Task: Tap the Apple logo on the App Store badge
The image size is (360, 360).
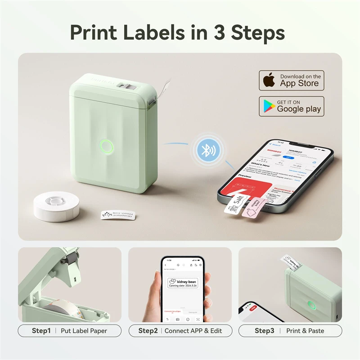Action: (269, 81)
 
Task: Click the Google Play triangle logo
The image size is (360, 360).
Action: (269, 106)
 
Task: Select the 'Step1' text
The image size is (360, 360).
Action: (41, 331)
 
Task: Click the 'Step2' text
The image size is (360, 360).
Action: (148, 331)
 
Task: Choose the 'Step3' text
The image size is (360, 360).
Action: (265, 331)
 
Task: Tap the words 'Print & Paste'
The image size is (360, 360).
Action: (305, 331)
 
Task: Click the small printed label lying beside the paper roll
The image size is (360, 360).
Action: (118, 214)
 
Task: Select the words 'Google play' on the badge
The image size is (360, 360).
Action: (299, 109)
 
